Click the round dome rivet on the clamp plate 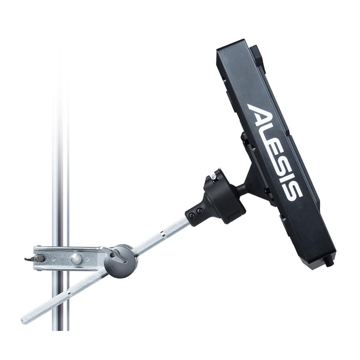pos(76,258)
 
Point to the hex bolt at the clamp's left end pos(40,258)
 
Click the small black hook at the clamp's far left pos(29,259)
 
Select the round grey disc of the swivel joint pos(121,262)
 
